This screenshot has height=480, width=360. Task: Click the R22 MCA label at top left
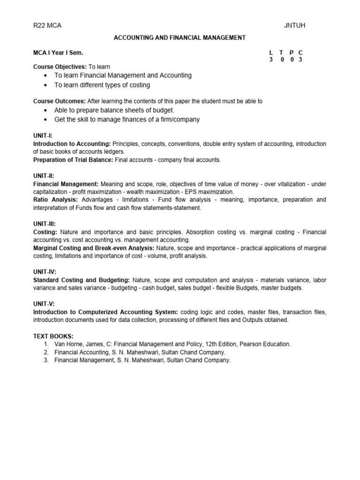tap(47, 26)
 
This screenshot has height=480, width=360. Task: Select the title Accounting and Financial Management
tap(180, 37)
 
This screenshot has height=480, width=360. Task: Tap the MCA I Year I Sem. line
tap(58, 53)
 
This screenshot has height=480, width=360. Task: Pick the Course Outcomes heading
tap(59, 101)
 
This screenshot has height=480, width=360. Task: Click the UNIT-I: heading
tap(43, 135)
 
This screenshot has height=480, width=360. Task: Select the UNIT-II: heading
tap(44, 176)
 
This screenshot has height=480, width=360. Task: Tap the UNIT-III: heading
tap(45, 224)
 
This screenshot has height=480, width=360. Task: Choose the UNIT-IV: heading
tap(45, 272)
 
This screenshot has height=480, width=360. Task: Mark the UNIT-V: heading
tap(44, 304)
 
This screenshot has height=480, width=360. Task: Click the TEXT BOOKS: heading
tap(53, 337)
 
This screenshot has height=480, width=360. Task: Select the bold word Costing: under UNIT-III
tap(45, 232)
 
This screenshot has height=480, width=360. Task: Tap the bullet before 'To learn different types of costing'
tap(45, 85)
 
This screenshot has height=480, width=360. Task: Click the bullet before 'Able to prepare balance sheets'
tap(45, 110)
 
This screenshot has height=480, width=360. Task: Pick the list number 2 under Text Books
tap(46, 352)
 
